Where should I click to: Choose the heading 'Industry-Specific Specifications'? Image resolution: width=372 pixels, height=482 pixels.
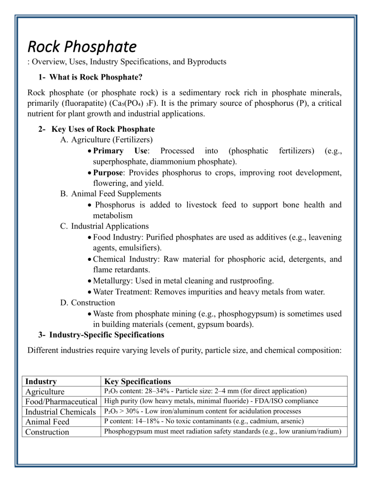point(107,335)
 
